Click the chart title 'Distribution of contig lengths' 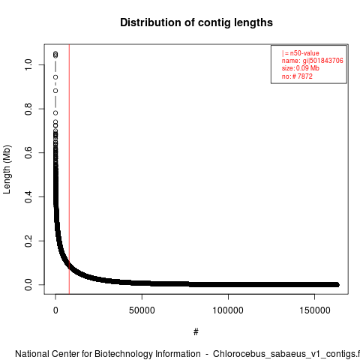tap(196, 22)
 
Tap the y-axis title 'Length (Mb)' tap(7, 169)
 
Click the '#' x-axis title tap(196, 332)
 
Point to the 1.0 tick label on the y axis tap(28, 64)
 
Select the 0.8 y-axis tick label tap(28, 109)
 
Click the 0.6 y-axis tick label tap(28, 153)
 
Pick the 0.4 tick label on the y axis tap(28, 196)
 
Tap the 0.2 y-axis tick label tap(28, 241)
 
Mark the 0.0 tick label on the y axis tap(28, 285)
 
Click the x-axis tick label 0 tap(55, 310)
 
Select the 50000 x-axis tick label tap(142, 310)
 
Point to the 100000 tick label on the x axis tap(228, 310)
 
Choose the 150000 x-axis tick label tap(314, 310)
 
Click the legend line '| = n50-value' tap(301, 53)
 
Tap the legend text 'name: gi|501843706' tap(313, 61)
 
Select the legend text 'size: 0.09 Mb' tap(301, 68)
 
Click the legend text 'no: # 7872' tap(297, 76)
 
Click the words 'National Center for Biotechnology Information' tap(108, 354)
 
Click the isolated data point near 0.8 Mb tap(55, 113)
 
